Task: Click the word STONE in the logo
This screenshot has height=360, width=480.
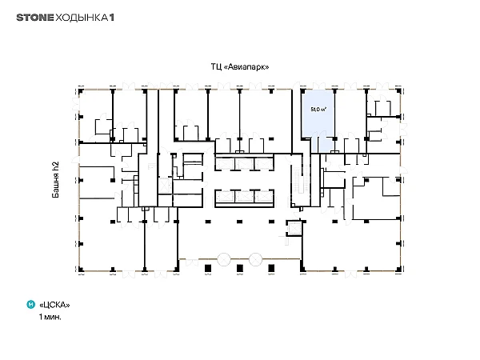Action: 35,18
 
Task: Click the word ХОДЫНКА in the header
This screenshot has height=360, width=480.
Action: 82,18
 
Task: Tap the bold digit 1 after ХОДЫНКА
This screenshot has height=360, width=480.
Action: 112,18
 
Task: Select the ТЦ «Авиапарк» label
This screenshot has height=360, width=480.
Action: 240,66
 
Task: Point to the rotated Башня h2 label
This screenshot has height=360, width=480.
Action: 55,179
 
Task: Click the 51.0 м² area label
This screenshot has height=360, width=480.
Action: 318,109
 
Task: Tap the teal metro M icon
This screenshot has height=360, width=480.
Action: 31,305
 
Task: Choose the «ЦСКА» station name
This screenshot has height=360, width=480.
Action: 54,305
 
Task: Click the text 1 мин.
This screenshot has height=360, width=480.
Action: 50,317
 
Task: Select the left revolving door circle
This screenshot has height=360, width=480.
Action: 224,259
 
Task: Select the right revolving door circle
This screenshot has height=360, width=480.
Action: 255,259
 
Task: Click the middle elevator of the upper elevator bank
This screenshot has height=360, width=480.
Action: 244,164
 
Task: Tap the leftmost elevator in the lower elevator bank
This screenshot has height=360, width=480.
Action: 225,196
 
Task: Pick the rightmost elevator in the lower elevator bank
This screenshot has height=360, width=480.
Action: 263,196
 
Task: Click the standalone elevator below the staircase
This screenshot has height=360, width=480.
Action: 294,228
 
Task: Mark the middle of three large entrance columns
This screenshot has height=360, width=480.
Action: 240,269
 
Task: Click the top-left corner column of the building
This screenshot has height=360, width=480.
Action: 81,91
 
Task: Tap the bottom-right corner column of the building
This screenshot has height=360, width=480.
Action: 398,270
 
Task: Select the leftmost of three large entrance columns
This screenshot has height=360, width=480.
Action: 208,269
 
